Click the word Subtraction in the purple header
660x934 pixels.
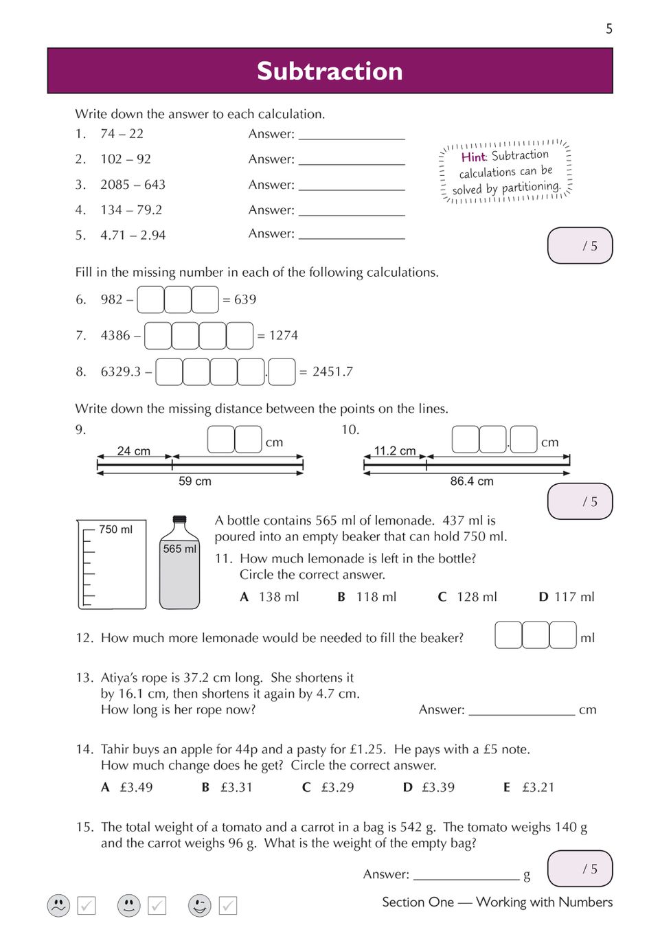pyautogui.click(x=330, y=71)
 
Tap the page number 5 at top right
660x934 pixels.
pyautogui.click(x=608, y=29)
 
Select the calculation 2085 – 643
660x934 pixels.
pyautogui.click(x=133, y=185)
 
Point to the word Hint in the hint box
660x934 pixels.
pyautogui.click(x=473, y=157)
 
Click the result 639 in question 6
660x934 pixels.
pyautogui.click(x=245, y=299)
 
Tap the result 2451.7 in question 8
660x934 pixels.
pyautogui.click(x=332, y=372)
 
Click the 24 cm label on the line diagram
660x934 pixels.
pyautogui.click(x=133, y=451)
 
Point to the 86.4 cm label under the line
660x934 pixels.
pyautogui.click(x=472, y=481)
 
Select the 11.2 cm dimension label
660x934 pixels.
pyautogui.click(x=395, y=451)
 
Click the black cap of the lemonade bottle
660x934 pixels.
pyautogui.click(x=180, y=519)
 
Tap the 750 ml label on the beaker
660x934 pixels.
pyautogui.click(x=115, y=529)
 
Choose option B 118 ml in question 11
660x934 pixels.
pyautogui.click(x=367, y=597)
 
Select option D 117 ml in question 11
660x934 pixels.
pyautogui.click(x=567, y=597)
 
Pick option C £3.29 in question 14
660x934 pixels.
pyautogui.click(x=328, y=787)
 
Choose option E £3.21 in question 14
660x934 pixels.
pyautogui.click(x=530, y=787)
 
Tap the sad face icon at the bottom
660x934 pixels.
pyautogui.click(x=59, y=905)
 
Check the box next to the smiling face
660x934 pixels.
pyautogui.click(x=228, y=906)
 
